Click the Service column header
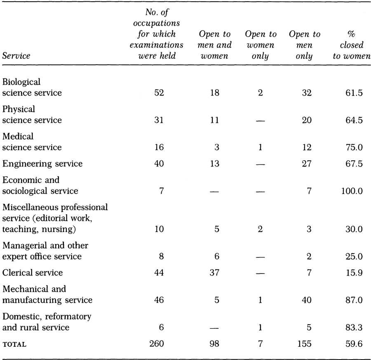(x=16, y=56)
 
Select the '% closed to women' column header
(x=352, y=45)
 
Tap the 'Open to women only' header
(x=261, y=45)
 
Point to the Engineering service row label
(x=42, y=164)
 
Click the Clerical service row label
(x=33, y=273)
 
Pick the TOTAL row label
(x=14, y=344)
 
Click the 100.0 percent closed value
(x=352, y=191)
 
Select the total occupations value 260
(x=156, y=344)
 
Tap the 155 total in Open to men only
(x=304, y=344)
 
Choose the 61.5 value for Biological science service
(x=354, y=93)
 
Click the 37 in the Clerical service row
(x=214, y=273)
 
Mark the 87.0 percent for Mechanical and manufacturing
(x=354, y=300)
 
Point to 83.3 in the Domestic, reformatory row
(x=354, y=327)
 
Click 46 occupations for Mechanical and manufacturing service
(x=159, y=300)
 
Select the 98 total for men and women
(x=214, y=344)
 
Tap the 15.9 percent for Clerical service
(x=354, y=273)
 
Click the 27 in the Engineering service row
(x=307, y=164)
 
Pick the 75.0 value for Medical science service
(x=354, y=147)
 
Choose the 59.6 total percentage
(x=354, y=344)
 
